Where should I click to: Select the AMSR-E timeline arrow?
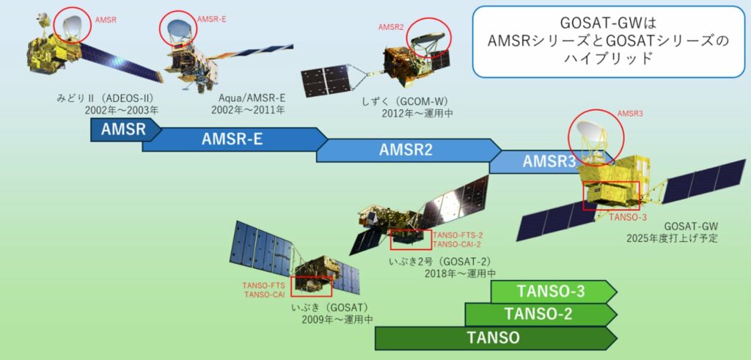coord(235,139)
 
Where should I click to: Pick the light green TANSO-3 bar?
coord(554,292)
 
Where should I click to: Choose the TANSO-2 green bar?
coord(541,315)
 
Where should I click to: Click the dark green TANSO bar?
coord(496,338)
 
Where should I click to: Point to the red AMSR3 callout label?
coord(629,114)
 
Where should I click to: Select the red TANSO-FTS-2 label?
coord(458,235)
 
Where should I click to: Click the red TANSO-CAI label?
coord(264,295)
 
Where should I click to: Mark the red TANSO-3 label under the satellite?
coord(628,217)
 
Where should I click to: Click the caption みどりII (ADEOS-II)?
coord(104,99)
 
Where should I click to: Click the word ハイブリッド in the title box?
coord(607,59)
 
